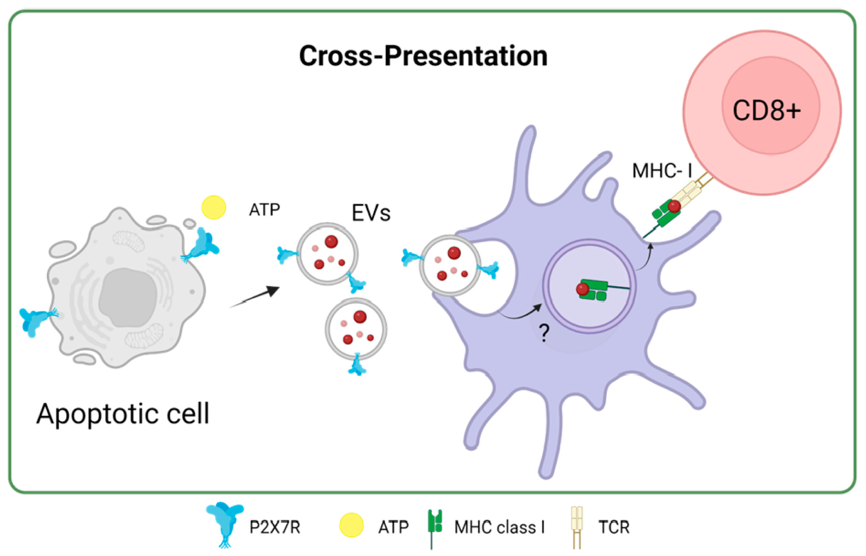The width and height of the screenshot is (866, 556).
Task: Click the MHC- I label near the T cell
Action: [662, 170]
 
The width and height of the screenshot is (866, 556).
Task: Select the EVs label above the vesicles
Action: [371, 213]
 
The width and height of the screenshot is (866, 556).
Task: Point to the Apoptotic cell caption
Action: [123, 414]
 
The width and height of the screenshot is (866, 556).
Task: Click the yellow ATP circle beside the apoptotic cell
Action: [213, 207]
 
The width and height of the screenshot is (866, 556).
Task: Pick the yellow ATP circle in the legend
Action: [351, 525]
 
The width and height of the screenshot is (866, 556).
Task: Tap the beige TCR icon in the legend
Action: [577, 527]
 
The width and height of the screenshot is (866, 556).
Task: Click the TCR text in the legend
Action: [614, 528]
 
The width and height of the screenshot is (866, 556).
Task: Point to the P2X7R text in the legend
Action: [275, 528]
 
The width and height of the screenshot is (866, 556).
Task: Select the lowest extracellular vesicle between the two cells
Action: [356, 329]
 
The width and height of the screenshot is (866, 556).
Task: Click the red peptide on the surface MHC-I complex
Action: [674, 206]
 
